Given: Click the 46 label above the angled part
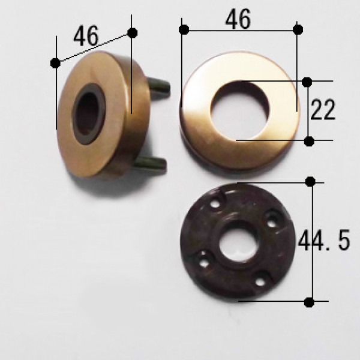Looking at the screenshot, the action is [x=86, y=35].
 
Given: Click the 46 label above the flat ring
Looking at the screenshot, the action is [x=238, y=20].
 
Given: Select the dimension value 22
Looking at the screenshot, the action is [x=323, y=110].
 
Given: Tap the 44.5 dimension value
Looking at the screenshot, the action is [x=324, y=240].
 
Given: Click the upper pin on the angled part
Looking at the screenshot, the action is [x=159, y=86].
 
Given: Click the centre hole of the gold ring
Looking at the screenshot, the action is [x=241, y=110].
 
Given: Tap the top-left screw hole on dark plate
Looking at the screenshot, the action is [x=215, y=204].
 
